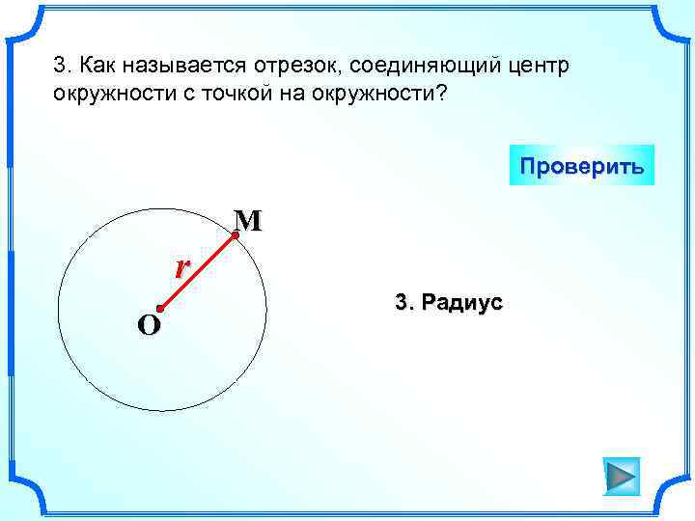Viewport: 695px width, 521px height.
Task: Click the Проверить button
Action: click(581, 165)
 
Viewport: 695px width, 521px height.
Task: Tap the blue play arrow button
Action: click(621, 476)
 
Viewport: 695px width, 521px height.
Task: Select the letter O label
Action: click(149, 326)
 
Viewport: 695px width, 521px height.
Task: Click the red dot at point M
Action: click(236, 234)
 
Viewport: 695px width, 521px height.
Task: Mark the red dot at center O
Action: click(160, 309)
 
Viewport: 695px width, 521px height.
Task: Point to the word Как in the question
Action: click(97, 67)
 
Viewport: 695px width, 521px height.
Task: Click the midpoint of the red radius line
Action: click(198, 272)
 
